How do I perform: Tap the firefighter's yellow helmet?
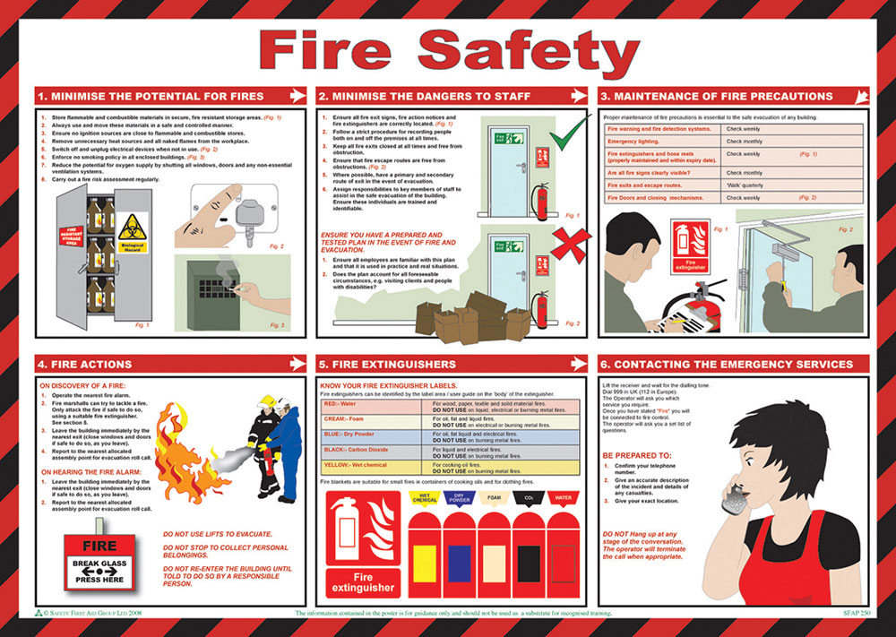pos(266,402)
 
